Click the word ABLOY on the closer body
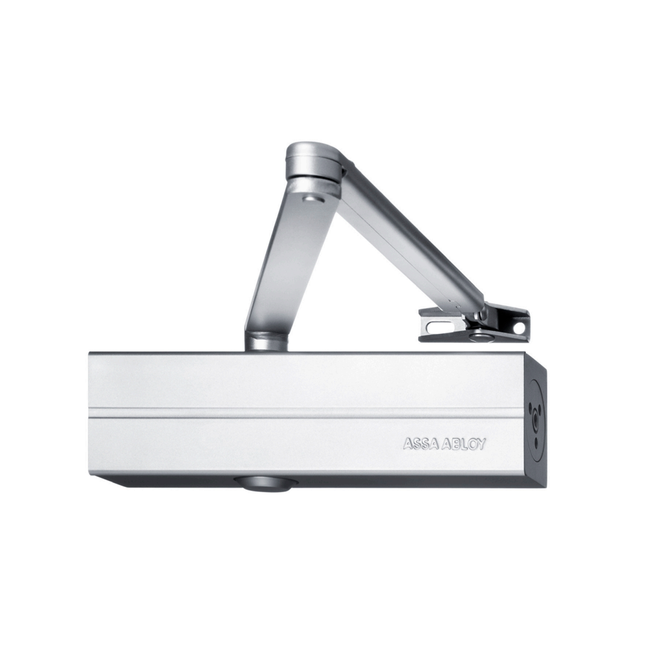coord(464,444)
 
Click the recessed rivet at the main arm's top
coord(313,200)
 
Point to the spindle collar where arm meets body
coord(265,341)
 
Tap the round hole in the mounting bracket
coord(519,329)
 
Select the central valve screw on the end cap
coord(536,422)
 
